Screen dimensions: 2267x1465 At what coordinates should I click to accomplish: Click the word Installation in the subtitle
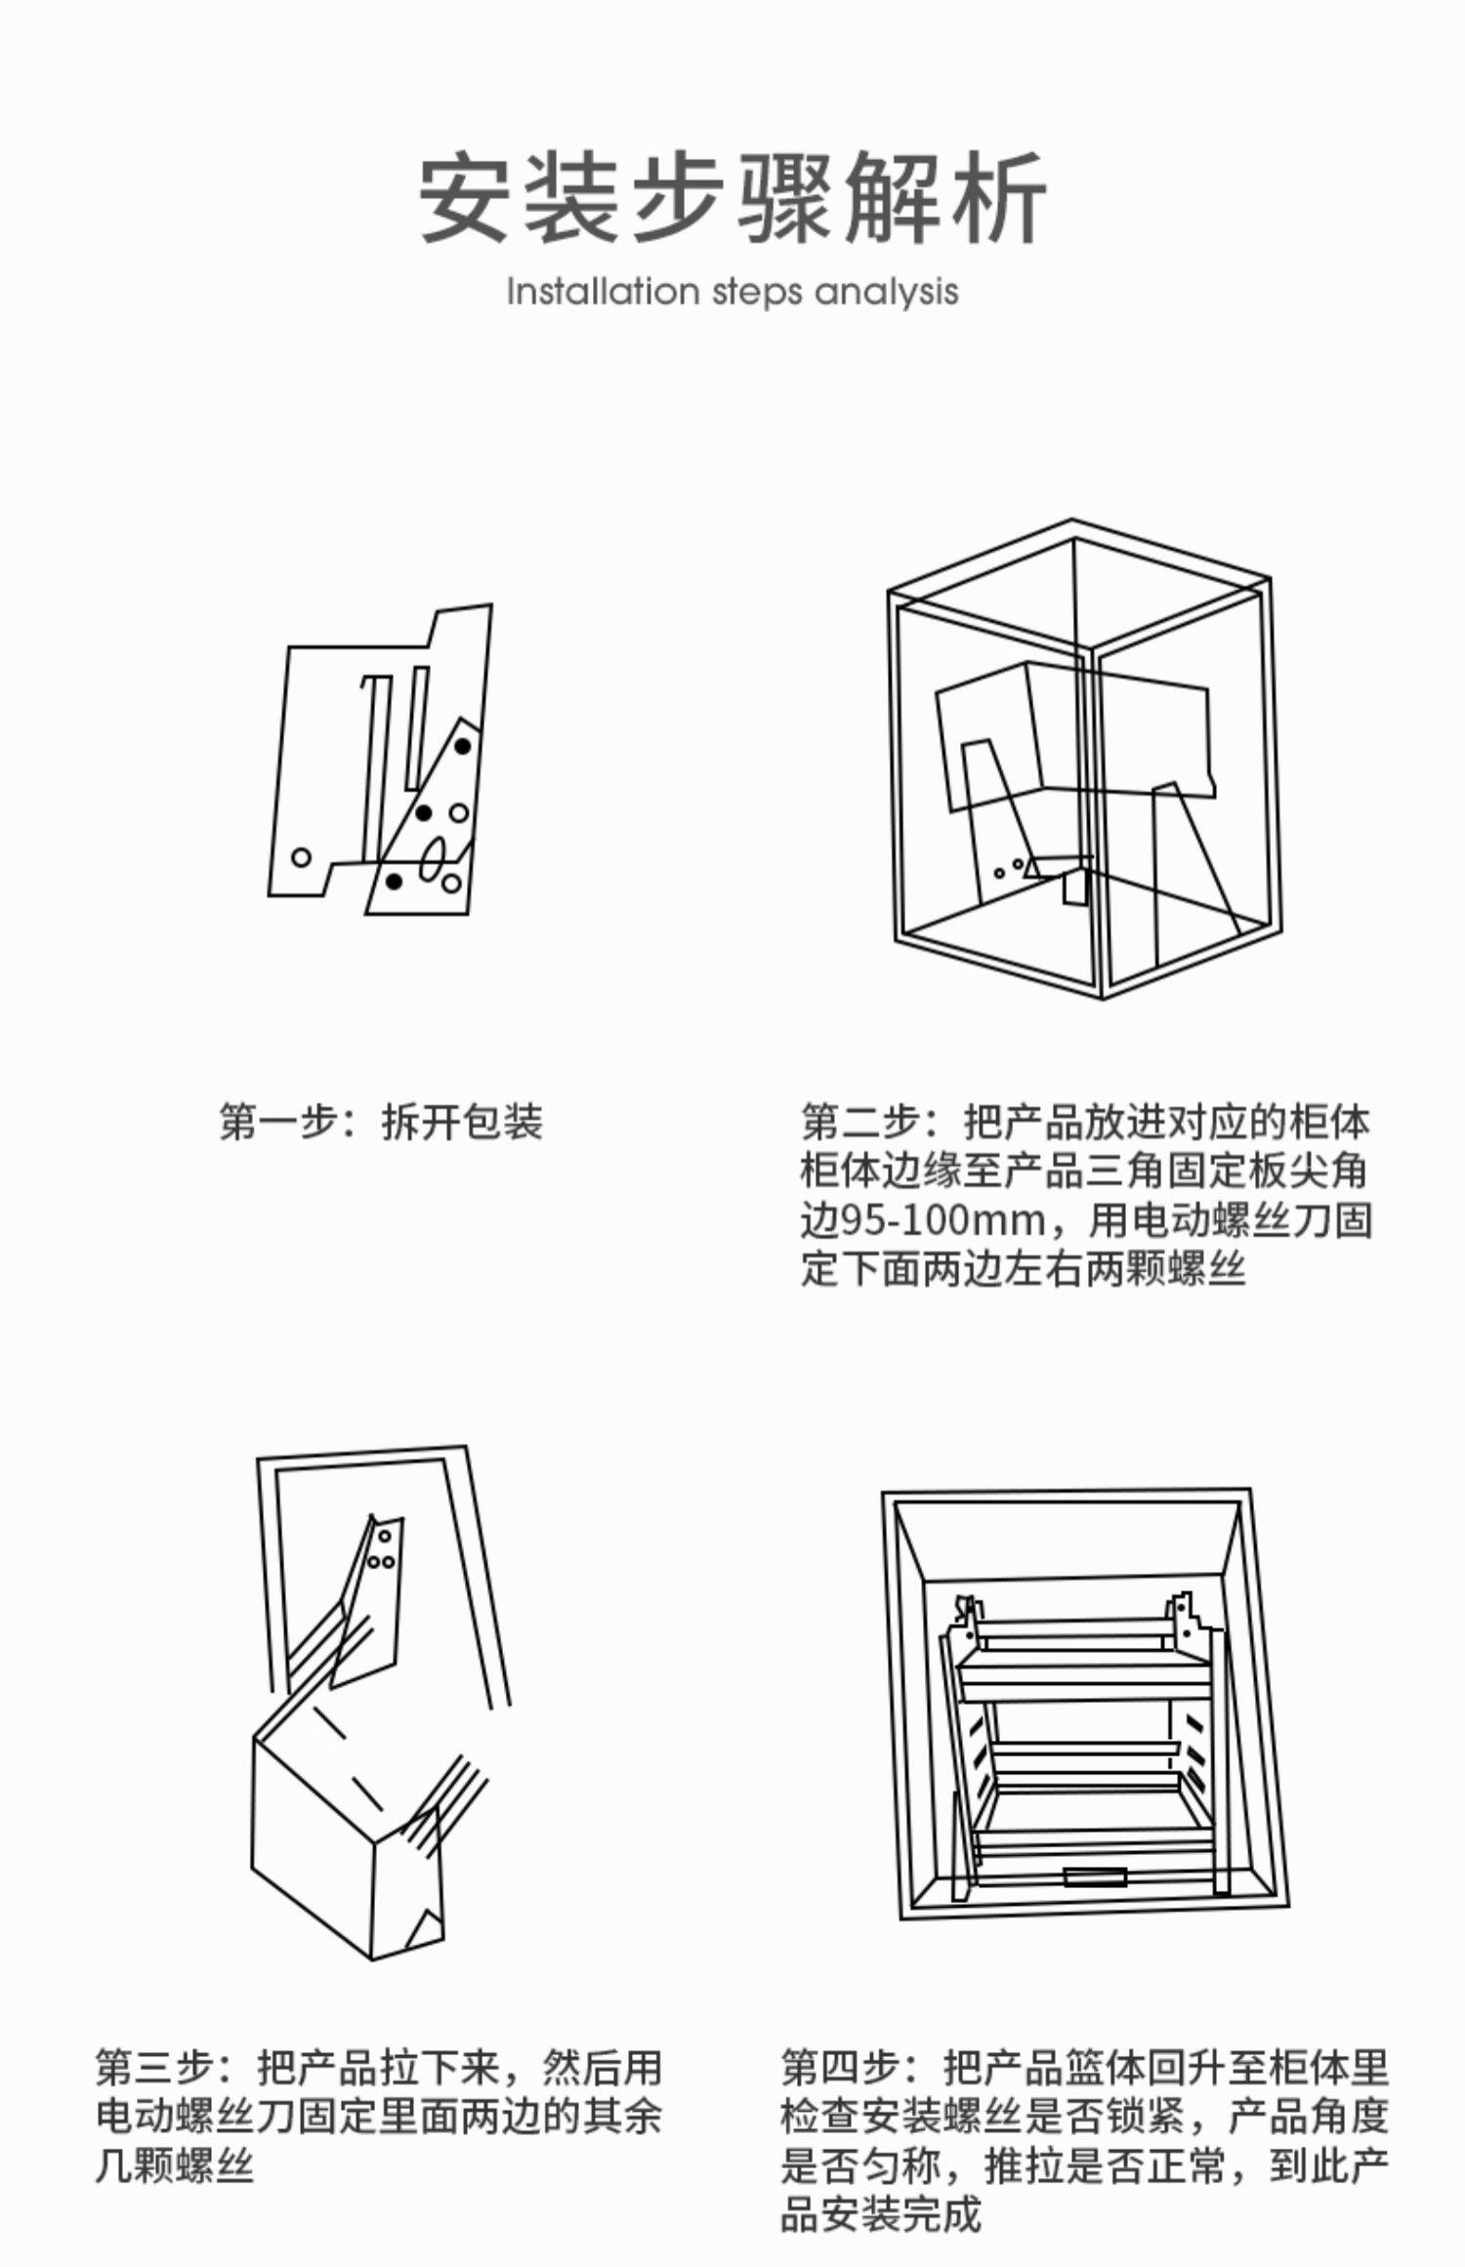(x=603, y=292)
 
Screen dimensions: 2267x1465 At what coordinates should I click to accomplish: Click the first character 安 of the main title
(x=465, y=197)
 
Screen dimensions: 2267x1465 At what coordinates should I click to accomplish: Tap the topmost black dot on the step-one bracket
(x=463, y=747)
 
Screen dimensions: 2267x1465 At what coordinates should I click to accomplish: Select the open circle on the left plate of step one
(x=301, y=857)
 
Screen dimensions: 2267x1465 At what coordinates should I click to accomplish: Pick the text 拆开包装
(x=461, y=1122)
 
